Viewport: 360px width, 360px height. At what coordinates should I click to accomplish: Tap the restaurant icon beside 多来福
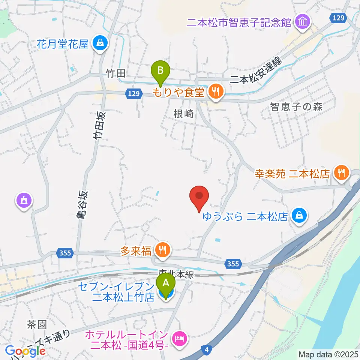pos(162,250)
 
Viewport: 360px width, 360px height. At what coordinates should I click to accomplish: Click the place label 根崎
pos(184,114)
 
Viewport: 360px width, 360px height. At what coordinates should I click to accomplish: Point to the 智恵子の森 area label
pos(296,107)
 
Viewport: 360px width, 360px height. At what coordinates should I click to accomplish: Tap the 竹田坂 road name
pos(99,125)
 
